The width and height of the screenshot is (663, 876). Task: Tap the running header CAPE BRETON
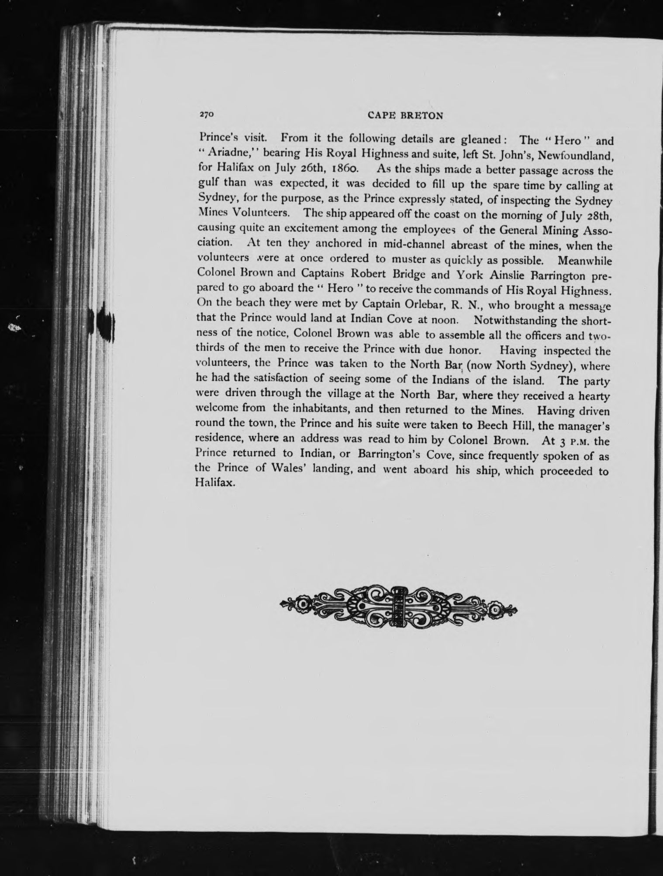tap(406, 115)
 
